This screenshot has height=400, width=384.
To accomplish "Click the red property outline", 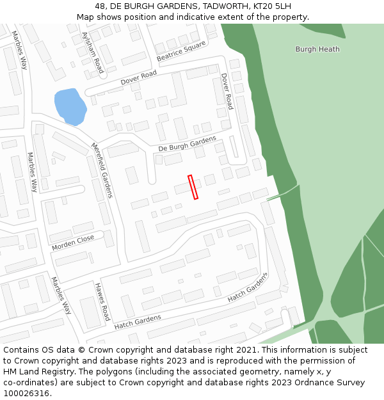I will coord(193,187).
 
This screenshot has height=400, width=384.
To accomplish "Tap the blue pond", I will coord(69,106).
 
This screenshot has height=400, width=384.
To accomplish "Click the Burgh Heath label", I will coord(317,49).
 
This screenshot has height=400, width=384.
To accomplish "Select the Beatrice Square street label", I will coord(181,52).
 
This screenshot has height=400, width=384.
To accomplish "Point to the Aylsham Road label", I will coord(93,52).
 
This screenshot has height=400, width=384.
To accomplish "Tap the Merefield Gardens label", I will coord(102,170).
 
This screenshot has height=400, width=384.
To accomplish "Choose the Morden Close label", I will coord(73,243).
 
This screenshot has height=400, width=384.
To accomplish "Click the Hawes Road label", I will coord(102,301).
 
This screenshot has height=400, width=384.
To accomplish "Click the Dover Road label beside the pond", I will coord(138,79).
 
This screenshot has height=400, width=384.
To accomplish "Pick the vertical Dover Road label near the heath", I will coord(227,91).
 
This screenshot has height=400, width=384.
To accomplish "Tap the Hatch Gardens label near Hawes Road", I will coord(138,322).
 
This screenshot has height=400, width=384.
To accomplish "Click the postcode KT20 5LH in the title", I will coord(272,6).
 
